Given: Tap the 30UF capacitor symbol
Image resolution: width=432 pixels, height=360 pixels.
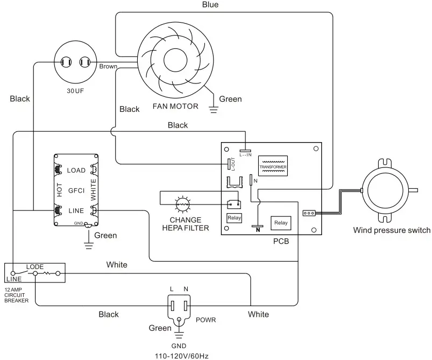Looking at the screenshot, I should tap(75, 63).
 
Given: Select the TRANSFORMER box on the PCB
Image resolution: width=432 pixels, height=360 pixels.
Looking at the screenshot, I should tap(273, 167).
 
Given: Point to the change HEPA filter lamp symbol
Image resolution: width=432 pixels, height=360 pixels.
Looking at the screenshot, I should tap(182, 204).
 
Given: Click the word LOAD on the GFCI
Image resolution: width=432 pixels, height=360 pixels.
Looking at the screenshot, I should tap(76, 171).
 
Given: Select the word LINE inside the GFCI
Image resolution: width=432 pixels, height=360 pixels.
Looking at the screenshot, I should tap(75, 210).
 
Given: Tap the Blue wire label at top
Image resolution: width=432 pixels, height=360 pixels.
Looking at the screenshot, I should tap(210, 5).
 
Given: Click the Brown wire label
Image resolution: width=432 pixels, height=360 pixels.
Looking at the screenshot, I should tap(108, 66).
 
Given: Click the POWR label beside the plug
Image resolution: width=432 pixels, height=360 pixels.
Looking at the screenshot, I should tap(206, 319).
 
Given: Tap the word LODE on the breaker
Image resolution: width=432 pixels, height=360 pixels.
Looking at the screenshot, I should tap(34, 267).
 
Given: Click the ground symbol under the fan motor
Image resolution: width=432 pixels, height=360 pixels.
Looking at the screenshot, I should tap(213, 110).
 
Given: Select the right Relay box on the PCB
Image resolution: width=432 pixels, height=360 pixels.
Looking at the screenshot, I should tap(281, 222).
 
